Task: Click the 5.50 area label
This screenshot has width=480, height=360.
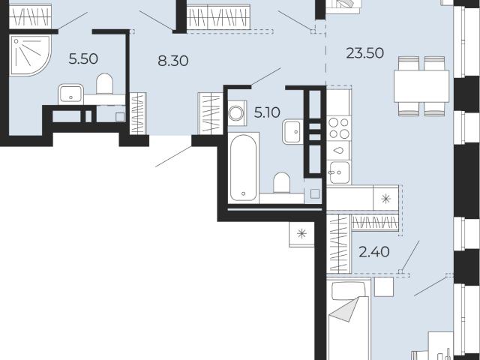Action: click(x=83, y=58)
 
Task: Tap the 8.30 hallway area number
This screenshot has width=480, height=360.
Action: click(x=173, y=61)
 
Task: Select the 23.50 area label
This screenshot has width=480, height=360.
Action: click(x=365, y=53)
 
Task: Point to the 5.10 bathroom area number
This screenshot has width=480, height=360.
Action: click(x=267, y=113)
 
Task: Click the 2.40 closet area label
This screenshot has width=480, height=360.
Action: click(x=374, y=252)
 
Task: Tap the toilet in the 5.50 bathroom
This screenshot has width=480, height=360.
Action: click(x=105, y=84)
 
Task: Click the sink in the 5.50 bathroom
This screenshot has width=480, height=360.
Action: click(x=71, y=94)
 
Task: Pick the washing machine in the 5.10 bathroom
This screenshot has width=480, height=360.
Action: click(x=236, y=113)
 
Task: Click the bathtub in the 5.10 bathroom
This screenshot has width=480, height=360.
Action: click(x=244, y=167)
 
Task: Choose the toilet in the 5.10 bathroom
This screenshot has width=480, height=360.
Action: click(x=282, y=183)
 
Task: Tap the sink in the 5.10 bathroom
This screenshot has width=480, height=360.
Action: click(x=292, y=132)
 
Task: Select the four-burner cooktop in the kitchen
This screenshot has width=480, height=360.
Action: click(x=338, y=128)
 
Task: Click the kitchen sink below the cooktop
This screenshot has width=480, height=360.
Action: click(x=338, y=172)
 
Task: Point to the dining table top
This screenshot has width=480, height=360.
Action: click(x=421, y=86)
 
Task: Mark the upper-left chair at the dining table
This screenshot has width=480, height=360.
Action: click(x=409, y=63)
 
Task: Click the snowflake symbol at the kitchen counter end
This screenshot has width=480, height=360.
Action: click(x=386, y=199)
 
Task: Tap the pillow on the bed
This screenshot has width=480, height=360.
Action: click(x=349, y=291)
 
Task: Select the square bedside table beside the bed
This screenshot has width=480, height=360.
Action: click(x=384, y=286)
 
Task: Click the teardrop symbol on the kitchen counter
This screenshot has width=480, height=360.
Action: click(x=338, y=151)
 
